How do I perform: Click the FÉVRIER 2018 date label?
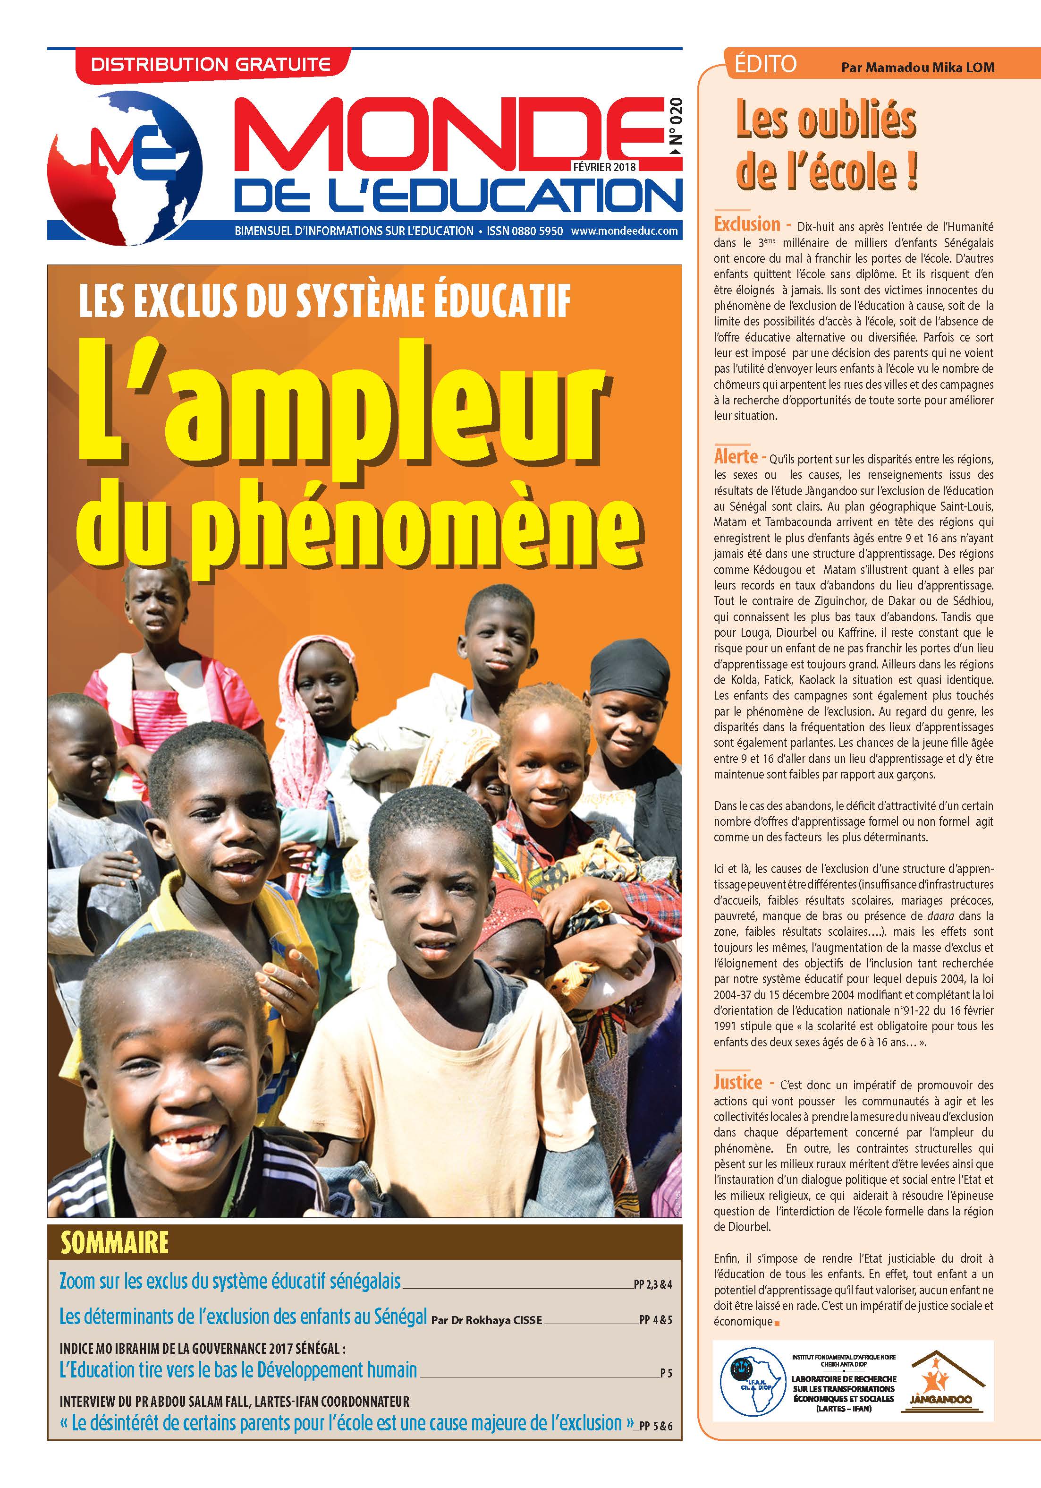604,166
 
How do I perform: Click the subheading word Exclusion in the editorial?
747,224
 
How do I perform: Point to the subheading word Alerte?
735,456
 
